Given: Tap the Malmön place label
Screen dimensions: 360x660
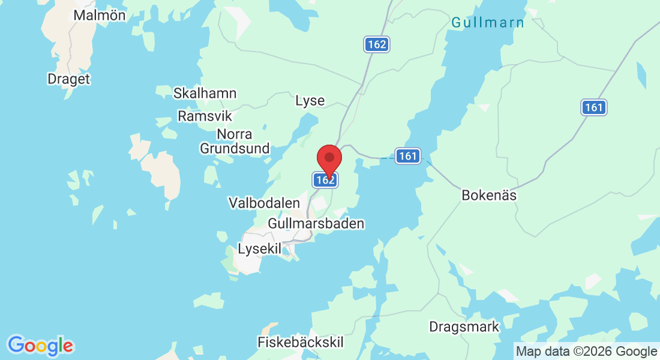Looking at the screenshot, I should (100, 16).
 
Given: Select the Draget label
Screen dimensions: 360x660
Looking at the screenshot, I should (68, 79).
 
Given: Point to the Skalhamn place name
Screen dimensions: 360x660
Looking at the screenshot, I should (205, 94).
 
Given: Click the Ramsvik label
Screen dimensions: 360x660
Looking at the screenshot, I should (205, 116).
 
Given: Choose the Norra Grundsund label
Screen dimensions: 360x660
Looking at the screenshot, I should (235, 141).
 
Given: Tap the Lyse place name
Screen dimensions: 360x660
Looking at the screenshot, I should (310, 101).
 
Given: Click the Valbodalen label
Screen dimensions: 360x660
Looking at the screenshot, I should (264, 203).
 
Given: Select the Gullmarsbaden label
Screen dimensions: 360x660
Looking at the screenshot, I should (316, 224).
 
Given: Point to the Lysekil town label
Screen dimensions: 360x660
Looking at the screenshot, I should (259, 248).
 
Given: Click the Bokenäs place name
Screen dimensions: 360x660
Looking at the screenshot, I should (489, 196).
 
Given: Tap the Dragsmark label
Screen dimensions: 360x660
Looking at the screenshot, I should (464, 327).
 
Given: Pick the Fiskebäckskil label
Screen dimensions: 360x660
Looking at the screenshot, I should (300, 343).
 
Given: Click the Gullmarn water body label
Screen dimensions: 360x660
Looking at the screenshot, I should (487, 23).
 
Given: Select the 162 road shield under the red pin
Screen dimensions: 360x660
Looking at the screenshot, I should (325, 179).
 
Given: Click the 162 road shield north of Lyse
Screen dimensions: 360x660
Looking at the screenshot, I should (377, 44).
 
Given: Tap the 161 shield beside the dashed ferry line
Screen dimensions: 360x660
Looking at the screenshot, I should (407, 156).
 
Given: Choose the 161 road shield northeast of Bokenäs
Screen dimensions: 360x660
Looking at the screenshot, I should (593, 107).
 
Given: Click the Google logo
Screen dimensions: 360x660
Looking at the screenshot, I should (40, 346).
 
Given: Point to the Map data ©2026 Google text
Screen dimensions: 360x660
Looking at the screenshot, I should (587, 352).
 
